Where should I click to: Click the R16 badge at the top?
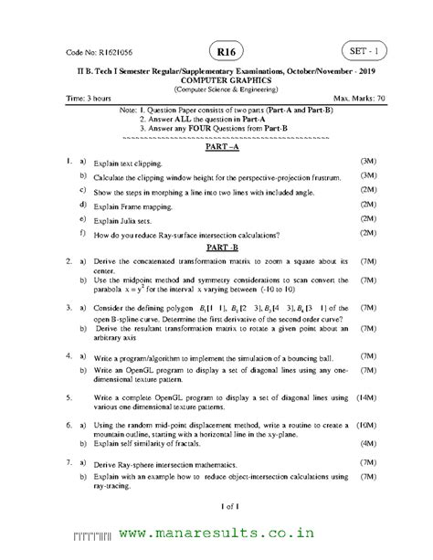tap(218, 49)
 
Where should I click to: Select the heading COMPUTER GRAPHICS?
tap(216, 79)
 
